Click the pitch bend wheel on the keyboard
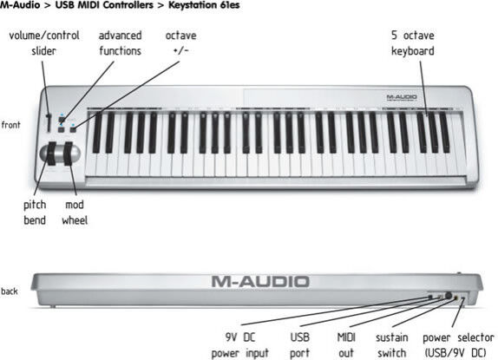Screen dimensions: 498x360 pyautogui.click(x=51, y=154)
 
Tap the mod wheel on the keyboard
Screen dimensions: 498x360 pyautogui.click(x=68, y=154)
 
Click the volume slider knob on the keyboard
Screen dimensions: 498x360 pyautogui.click(x=49, y=116)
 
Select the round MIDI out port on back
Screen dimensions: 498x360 pyautogui.click(x=449, y=296)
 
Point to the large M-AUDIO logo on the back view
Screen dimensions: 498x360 pyautogui.click(x=260, y=282)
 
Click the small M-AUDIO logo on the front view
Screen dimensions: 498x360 pyautogui.click(x=402, y=97)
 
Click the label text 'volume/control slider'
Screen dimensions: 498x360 pyautogui.click(x=44, y=43)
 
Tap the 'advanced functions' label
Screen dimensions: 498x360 pyautogui.click(x=120, y=43)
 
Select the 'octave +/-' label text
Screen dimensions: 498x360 pyautogui.click(x=180, y=43)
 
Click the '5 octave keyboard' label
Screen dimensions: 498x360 pyautogui.click(x=413, y=43)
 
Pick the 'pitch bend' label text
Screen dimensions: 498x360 pyautogui.click(x=35, y=213)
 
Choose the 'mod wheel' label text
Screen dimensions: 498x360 pyautogui.click(x=75, y=213)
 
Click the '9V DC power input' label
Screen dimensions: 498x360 pyautogui.click(x=240, y=345)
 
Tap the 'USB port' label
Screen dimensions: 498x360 pyautogui.click(x=299, y=345)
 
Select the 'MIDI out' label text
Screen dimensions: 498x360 pyautogui.click(x=346, y=345)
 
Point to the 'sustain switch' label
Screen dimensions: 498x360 pyautogui.click(x=392, y=345)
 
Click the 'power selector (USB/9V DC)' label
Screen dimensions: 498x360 pyautogui.click(x=458, y=345)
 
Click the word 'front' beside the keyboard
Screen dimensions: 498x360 pyautogui.click(x=10, y=125)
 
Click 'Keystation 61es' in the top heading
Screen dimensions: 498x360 pyautogui.click(x=204, y=5)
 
